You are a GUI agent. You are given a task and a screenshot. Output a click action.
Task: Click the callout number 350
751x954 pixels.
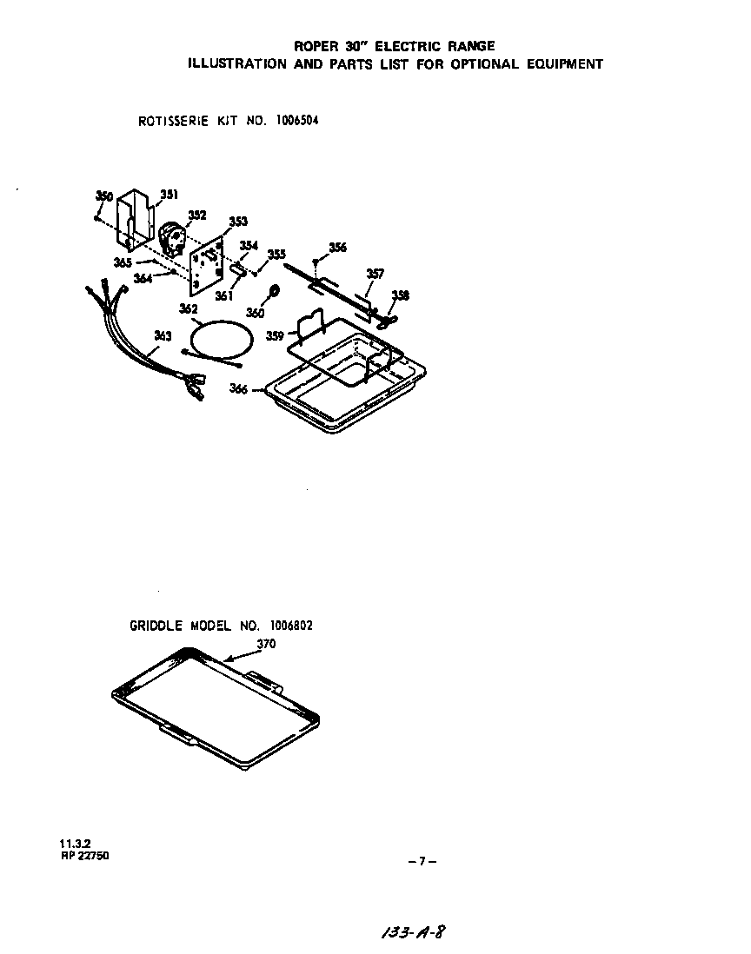tap(104, 195)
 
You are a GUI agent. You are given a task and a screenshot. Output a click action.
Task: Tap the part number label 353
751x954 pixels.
tap(238, 222)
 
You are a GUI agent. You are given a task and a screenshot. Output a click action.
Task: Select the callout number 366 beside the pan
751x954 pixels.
tap(238, 388)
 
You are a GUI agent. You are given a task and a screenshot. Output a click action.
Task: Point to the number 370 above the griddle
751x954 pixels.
tap(266, 644)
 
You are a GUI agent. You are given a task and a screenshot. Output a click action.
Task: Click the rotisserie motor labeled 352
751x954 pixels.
tap(171, 238)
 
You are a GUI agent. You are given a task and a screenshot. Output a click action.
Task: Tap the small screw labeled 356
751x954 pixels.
tap(315, 262)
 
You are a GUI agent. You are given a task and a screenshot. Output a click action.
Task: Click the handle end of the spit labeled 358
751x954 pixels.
tap(386, 319)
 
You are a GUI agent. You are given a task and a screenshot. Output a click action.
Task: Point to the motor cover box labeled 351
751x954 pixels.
tap(135, 219)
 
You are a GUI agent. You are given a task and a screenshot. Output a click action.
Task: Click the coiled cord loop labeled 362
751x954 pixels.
tap(220, 338)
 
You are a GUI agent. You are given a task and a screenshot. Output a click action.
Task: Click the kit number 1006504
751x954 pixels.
tap(297, 120)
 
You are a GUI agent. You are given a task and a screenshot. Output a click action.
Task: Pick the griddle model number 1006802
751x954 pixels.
tap(291, 626)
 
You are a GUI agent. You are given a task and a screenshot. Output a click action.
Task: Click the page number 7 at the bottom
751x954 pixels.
tap(422, 861)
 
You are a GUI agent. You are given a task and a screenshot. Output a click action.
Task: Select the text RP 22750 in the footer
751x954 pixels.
tap(84, 856)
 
